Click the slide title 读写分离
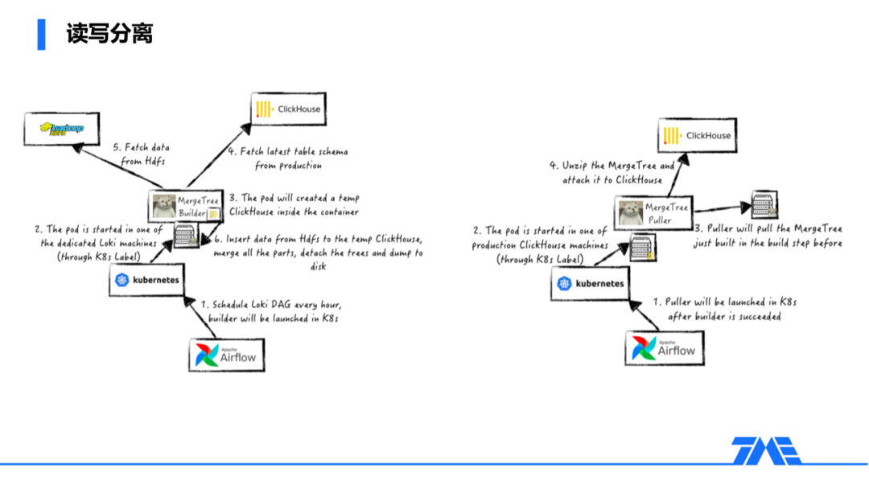coord(109,35)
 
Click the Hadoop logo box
coord(62,129)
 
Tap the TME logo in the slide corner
coord(766,451)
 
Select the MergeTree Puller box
coord(653,212)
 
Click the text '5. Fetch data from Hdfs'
coord(142,154)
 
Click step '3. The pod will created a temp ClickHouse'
coord(294,205)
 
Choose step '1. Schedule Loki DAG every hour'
coord(274,312)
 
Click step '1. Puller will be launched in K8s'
coord(724,309)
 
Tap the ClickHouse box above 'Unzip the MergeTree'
coord(697,136)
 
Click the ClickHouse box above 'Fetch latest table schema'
coord(289,109)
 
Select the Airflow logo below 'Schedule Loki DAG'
coord(227,355)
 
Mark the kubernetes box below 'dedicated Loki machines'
coord(146,280)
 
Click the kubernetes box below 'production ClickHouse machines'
coord(590,283)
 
